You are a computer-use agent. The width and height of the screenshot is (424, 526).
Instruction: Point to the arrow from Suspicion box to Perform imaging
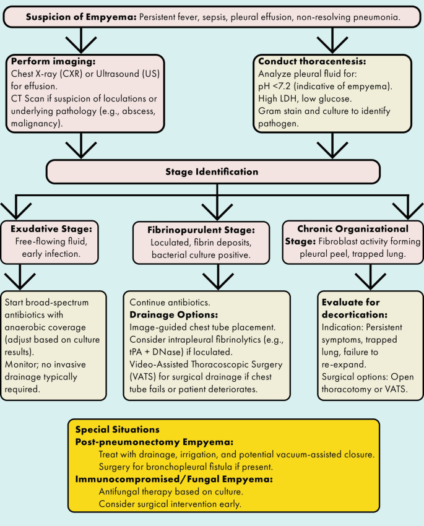click(x=79, y=41)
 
